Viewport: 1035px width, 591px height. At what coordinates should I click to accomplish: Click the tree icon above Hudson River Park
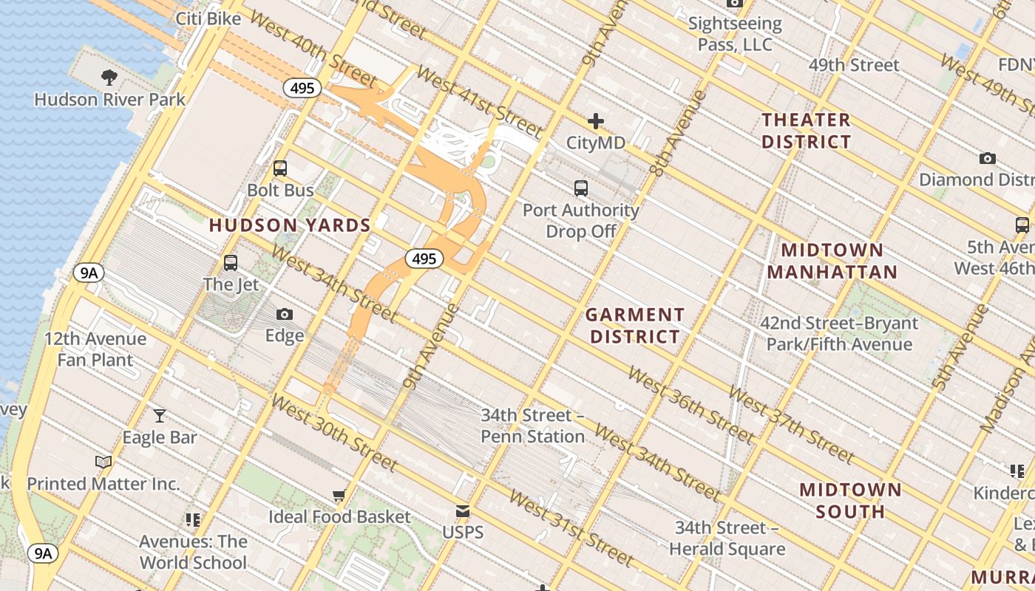click(x=109, y=77)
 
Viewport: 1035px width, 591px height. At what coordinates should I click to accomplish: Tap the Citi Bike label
click(x=208, y=18)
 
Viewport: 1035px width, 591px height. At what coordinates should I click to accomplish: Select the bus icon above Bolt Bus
click(x=280, y=168)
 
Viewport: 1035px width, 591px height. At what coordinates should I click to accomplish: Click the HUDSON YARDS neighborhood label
click(x=290, y=225)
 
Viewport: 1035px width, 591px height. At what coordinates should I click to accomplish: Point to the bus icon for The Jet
click(x=231, y=263)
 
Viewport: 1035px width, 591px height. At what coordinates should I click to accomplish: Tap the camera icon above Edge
click(x=285, y=315)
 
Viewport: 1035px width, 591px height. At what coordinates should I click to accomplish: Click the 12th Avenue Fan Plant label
click(x=95, y=349)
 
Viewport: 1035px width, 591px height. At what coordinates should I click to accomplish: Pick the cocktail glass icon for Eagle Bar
click(x=160, y=416)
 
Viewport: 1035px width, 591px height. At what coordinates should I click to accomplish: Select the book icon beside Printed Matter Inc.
click(x=103, y=462)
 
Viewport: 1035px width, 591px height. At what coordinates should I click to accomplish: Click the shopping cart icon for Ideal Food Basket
click(x=339, y=495)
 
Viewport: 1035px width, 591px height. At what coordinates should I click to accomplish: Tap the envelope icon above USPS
click(x=463, y=511)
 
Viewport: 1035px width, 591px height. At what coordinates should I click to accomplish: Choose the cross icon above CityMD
click(x=596, y=121)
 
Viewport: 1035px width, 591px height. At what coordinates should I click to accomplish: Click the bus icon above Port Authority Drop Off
click(x=581, y=188)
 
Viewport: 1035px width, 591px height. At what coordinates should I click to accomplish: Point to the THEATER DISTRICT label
click(x=807, y=131)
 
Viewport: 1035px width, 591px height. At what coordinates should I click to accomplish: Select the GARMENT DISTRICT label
click(x=634, y=326)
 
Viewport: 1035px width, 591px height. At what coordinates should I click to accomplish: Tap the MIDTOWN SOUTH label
click(x=850, y=500)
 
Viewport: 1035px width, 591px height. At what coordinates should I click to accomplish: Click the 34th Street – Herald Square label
click(x=727, y=539)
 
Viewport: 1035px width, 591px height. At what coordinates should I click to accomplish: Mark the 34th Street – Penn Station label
click(x=532, y=426)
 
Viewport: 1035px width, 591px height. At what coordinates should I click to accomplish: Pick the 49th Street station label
click(x=854, y=65)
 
